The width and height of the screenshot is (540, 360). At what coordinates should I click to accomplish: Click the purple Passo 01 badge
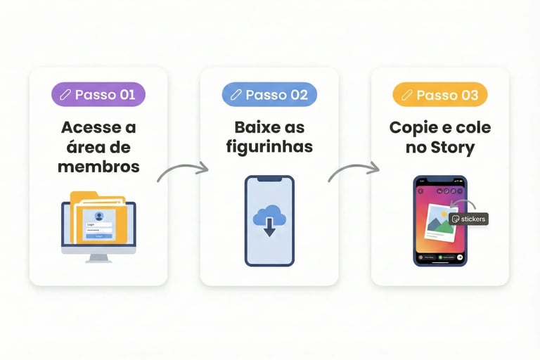(98, 94)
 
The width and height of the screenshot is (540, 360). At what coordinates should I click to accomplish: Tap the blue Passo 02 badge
(269, 94)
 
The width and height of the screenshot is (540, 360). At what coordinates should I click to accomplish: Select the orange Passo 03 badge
(439, 94)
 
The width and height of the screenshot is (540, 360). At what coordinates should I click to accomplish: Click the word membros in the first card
(98, 167)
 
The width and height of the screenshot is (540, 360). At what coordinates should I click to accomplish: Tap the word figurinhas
(269, 148)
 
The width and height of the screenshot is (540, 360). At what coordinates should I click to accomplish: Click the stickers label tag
(468, 219)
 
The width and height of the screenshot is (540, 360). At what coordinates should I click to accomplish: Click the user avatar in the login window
(98, 216)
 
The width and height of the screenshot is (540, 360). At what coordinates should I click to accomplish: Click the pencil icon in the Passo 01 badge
(65, 95)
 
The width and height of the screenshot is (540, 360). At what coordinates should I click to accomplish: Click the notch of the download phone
(269, 180)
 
